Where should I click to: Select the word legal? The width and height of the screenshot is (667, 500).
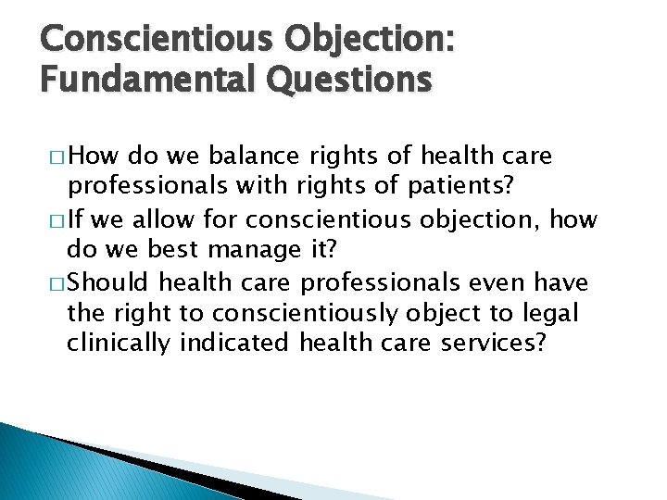(552, 314)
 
